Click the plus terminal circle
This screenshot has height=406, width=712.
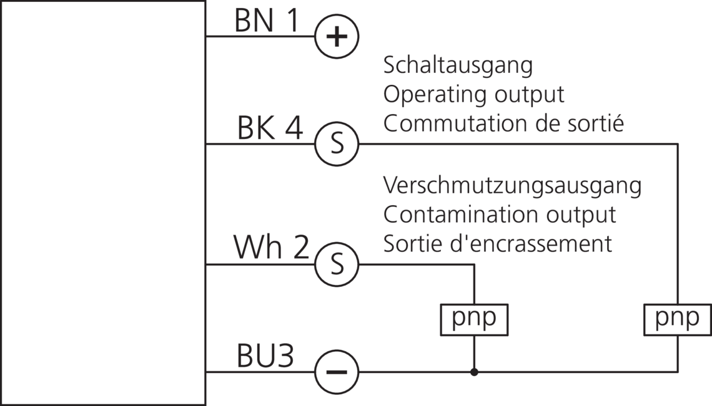click(x=337, y=37)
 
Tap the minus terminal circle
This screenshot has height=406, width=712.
click(x=337, y=372)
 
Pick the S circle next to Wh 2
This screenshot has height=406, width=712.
click(x=337, y=264)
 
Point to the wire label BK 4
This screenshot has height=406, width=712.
click(x=270, y=129)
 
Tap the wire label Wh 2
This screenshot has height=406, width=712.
click(x=271, y=248)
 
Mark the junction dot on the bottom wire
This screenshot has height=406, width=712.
click(x=475, y=372)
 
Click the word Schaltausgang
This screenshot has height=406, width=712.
click(x=458, y=65)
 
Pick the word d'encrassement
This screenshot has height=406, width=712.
click(x=532, y=243)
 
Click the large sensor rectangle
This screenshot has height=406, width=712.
click(x=102, y=203)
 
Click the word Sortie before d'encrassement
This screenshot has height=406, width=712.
click(x=413, y=243)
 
